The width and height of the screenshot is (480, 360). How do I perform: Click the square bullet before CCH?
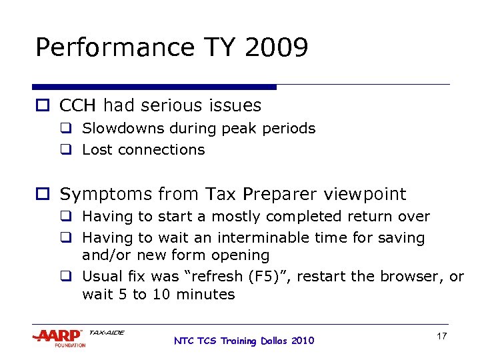point(42,106)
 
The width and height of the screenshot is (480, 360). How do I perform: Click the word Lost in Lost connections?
point(96,149)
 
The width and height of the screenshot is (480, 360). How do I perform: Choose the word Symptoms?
point(105,195)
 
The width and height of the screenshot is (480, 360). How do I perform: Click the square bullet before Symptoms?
point(42,195)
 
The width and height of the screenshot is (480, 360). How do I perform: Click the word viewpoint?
point(365,195)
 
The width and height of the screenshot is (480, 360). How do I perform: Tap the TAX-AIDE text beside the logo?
point(107,332)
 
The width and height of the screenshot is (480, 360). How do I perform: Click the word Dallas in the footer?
point(275,341)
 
